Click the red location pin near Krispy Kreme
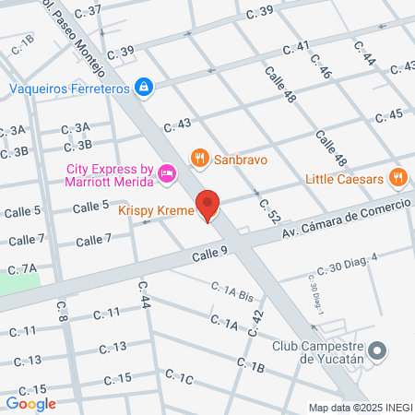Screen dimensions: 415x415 tap(208, 205)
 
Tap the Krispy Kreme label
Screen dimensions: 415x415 tap(156, 211)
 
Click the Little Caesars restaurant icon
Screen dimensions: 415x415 tap(398, 178)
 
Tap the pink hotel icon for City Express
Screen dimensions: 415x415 tap(167, 172)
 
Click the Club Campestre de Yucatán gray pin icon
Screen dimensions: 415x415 tap(376, 350)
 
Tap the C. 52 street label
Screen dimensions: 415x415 tap(268, 211)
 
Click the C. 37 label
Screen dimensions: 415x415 tap(87, 9)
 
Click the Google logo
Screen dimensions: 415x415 tap(30, 403)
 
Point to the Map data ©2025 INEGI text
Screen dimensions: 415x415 tap(361, 408)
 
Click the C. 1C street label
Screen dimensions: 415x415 tap(179, 376)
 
